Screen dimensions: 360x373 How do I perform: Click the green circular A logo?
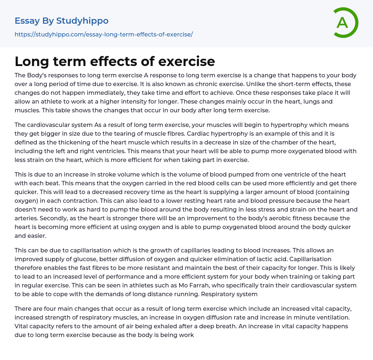[345, 23]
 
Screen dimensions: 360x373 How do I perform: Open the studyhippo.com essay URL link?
[103, 35]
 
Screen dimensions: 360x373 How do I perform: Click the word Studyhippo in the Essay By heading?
[82, 21]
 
